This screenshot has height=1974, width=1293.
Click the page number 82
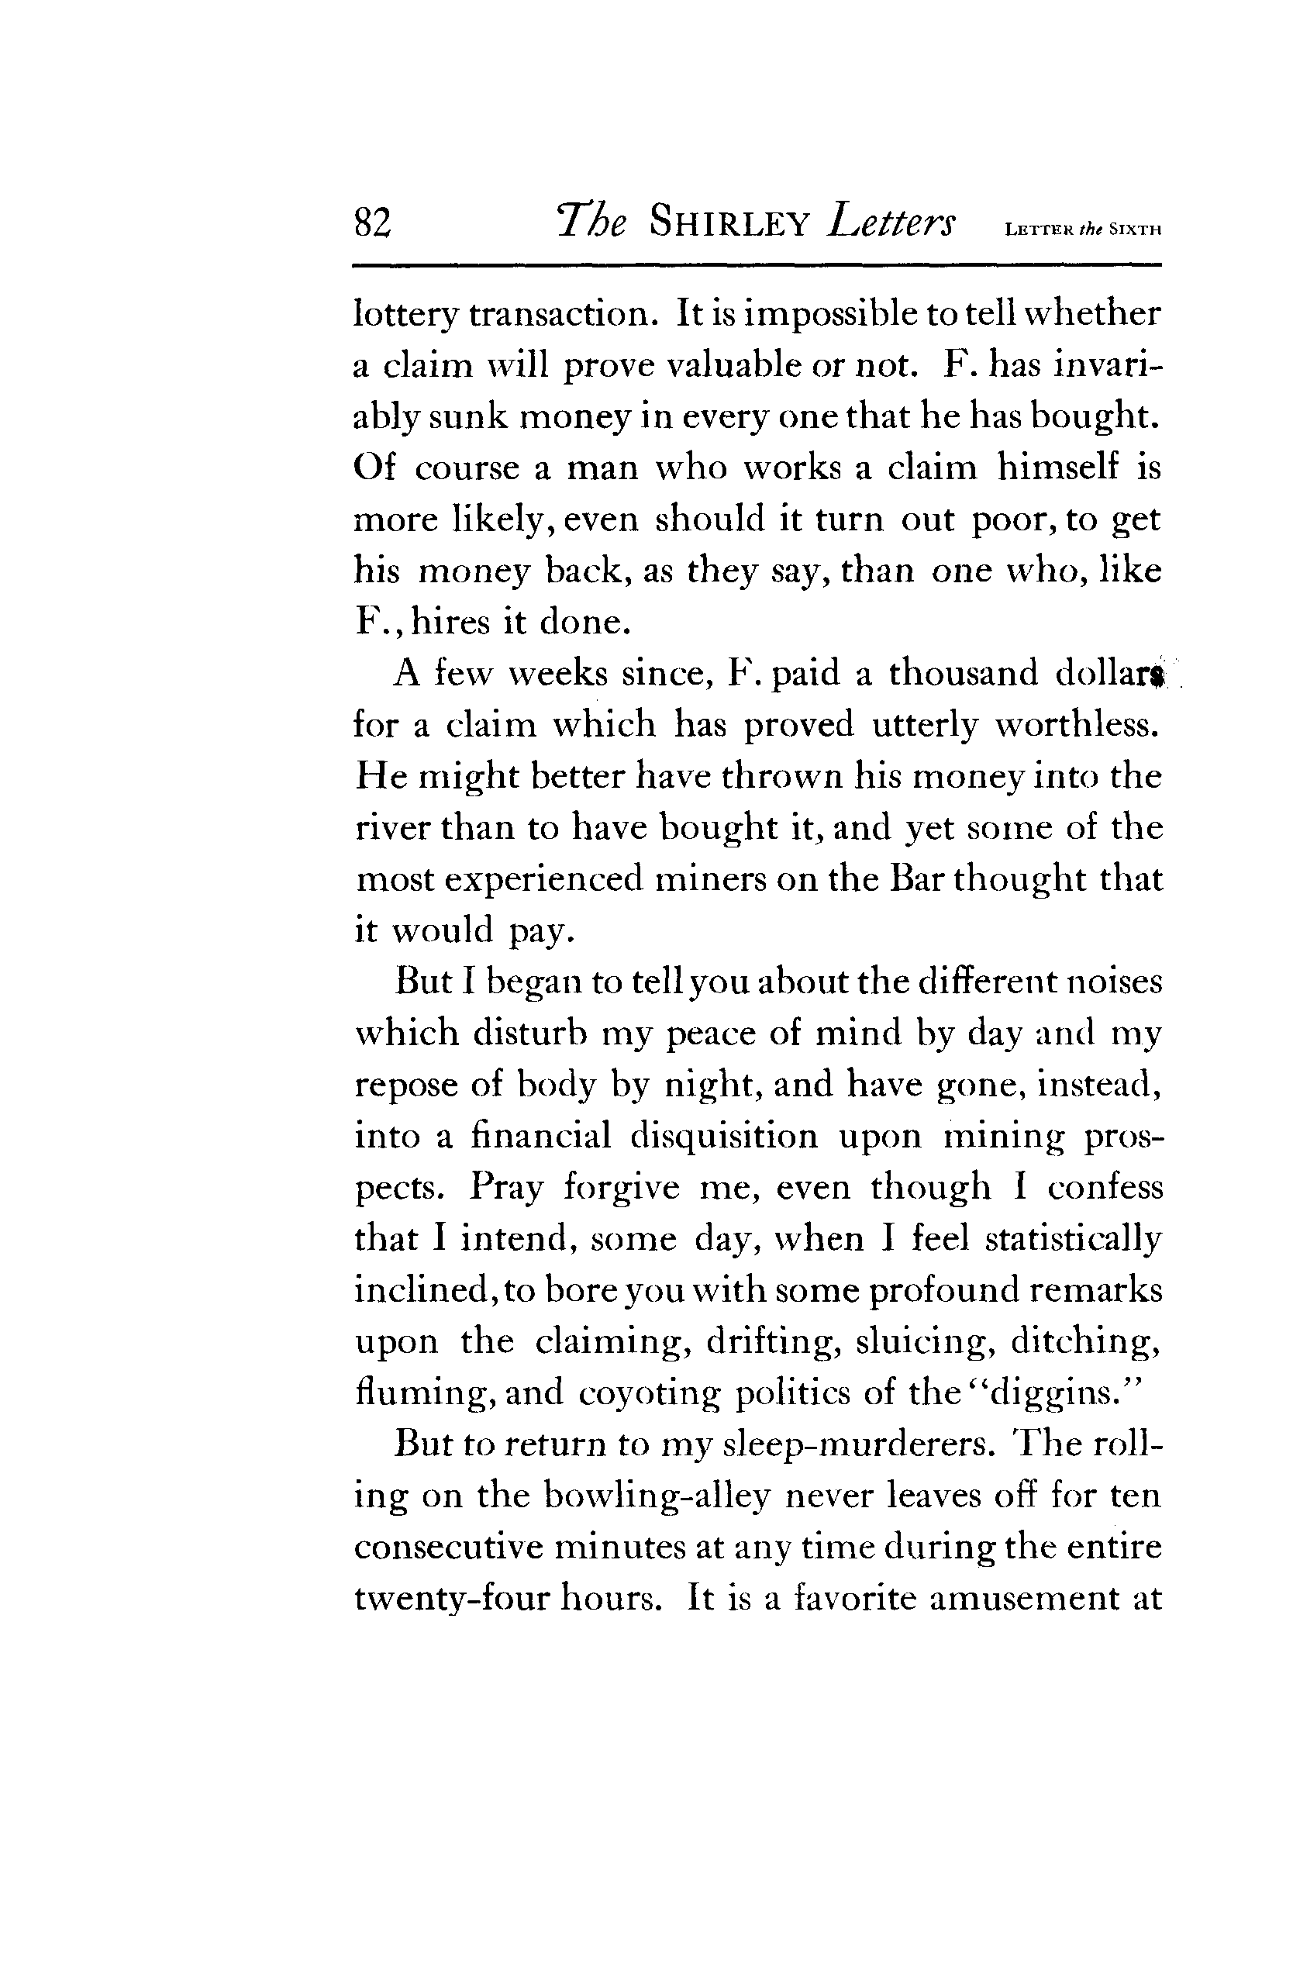371,223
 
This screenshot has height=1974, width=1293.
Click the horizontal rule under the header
757,265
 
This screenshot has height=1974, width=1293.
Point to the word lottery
405,316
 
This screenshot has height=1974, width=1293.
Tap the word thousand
963,673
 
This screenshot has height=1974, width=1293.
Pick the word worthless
1076,724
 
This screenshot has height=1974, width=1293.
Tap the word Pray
506,1188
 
